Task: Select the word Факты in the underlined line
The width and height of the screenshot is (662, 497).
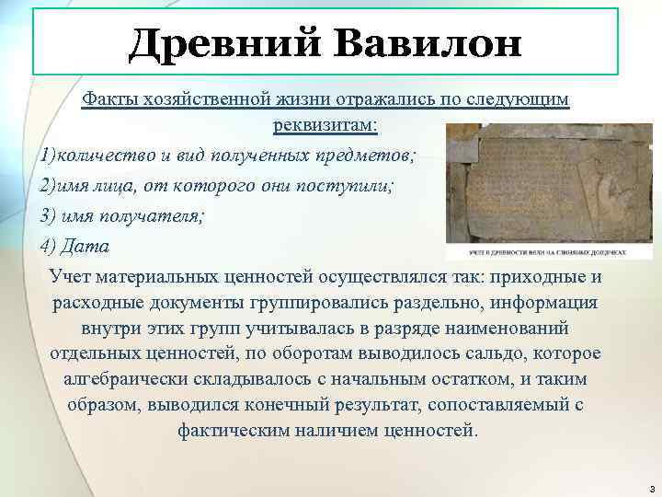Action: point(108,98)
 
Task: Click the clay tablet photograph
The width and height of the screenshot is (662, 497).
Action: point(537,184)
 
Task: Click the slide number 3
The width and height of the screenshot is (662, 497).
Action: point(650,487)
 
